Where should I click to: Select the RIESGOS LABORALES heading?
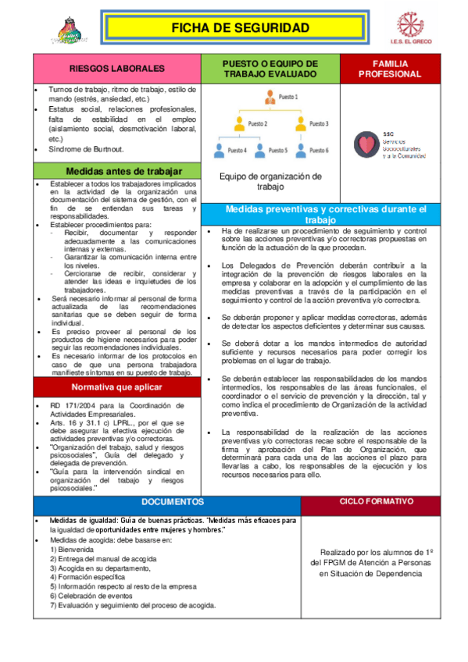(116, 69)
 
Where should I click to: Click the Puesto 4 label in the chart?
(237, 149)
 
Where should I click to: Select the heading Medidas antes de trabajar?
(116, 171)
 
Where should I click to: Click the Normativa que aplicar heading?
(116, 387)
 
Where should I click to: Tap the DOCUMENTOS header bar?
(173, 501)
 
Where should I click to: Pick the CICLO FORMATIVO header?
(376, 501)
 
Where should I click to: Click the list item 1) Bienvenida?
(72, 550)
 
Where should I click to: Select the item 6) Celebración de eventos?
(91, 594)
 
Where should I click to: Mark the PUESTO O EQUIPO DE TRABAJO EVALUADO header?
(270, 69)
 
